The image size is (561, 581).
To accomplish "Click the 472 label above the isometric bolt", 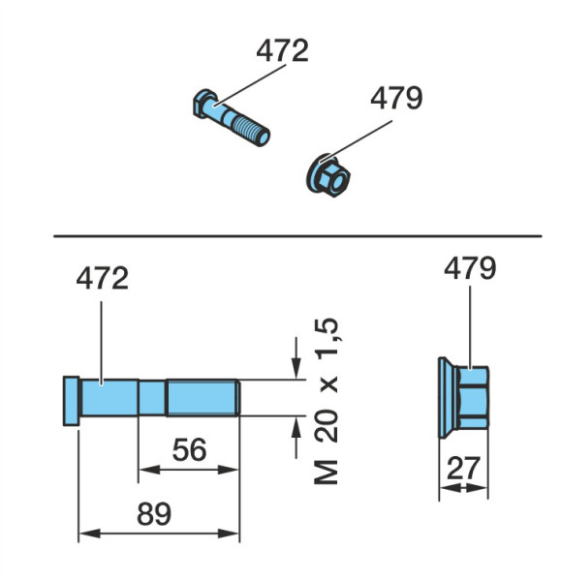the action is click(x=282, y=50).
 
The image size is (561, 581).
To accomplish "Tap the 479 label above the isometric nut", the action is click(x=396, y=98).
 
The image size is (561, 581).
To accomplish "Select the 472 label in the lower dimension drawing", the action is click(x=103, y=279).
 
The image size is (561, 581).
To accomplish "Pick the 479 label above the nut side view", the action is click(x=470, y=268).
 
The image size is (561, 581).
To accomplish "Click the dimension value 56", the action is click(x=189, y=450).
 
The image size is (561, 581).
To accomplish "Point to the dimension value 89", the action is click(x=154, y=514).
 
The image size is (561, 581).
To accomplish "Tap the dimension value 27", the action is click(x=463, y=469).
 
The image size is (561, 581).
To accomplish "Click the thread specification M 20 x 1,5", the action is click(x=327, y=401).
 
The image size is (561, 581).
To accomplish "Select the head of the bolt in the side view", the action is click(x=71, y=401).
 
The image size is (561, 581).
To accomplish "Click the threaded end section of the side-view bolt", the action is click(x=203, y=398).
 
